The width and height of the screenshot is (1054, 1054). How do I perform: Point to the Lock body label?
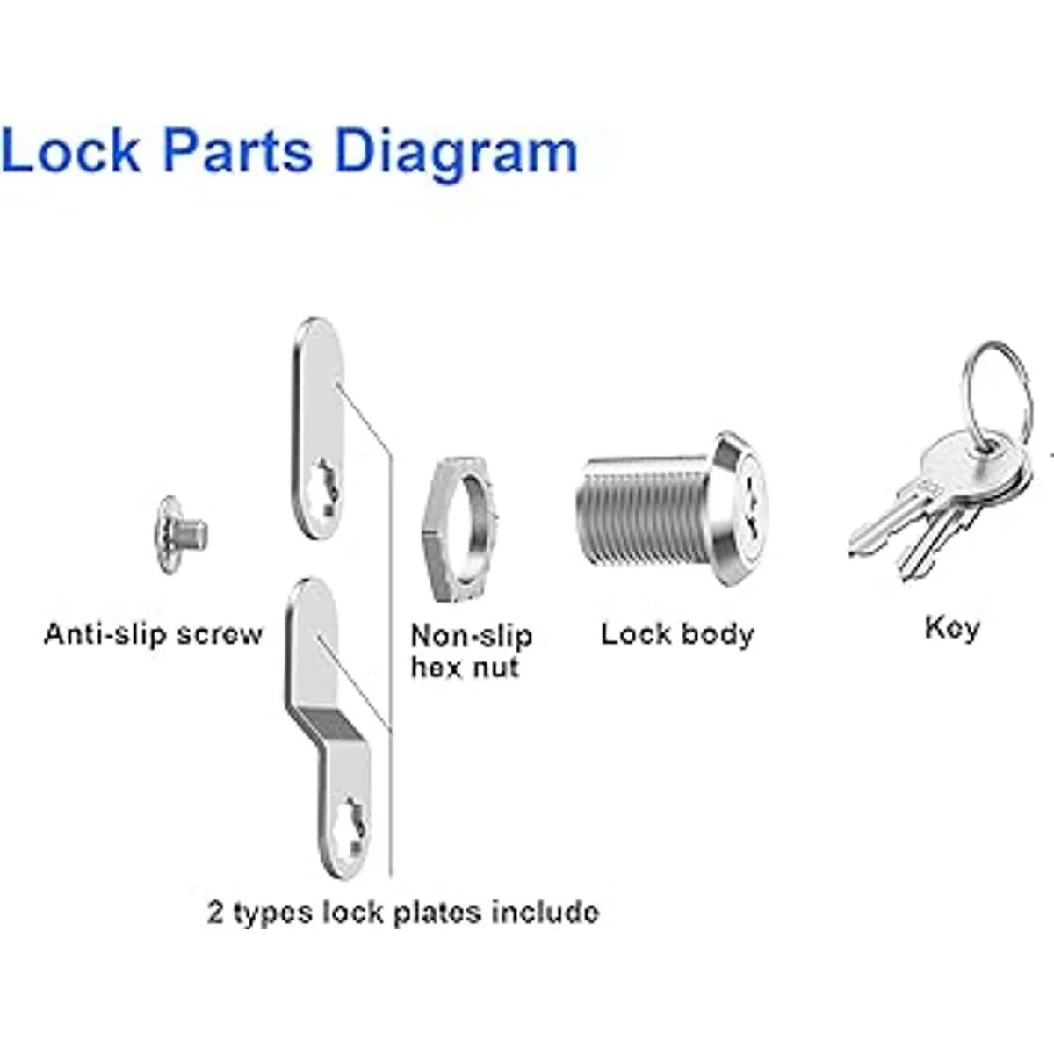click(677, 634)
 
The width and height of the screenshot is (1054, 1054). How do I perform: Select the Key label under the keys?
click(951, 629)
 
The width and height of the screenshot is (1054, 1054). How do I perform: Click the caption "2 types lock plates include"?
click(403, 912)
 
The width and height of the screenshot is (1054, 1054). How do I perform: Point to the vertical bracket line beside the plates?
click(389, 703)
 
